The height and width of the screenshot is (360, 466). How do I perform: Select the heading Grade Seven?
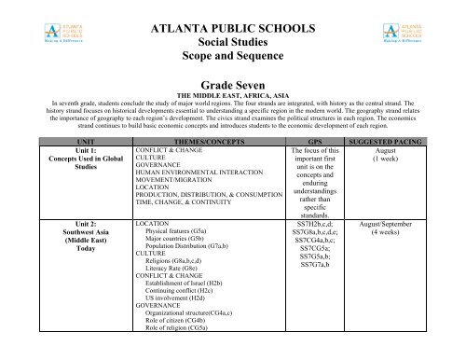(233, 85)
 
